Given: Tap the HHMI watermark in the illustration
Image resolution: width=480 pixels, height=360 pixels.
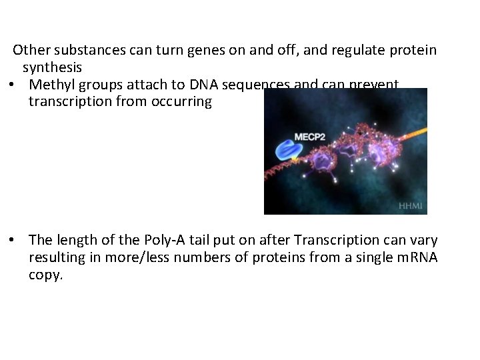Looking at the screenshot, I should (410, 206).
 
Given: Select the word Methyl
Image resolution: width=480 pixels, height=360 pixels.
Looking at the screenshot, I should (51, 85).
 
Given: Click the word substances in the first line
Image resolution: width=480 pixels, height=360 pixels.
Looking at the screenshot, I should (84, 50).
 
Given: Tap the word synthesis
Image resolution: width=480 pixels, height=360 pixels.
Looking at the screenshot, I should (53, 67).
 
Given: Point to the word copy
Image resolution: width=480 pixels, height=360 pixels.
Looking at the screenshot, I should (45, 275).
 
